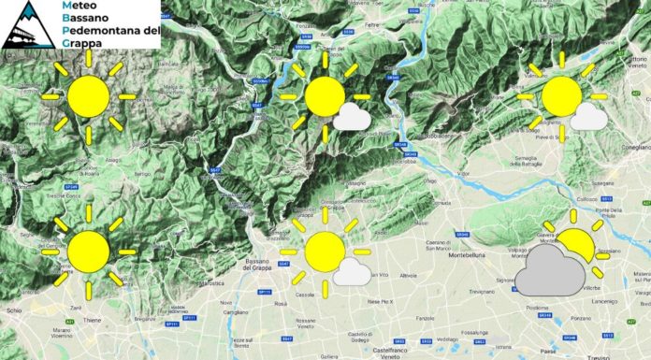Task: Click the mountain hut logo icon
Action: click(x=28, y=23)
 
